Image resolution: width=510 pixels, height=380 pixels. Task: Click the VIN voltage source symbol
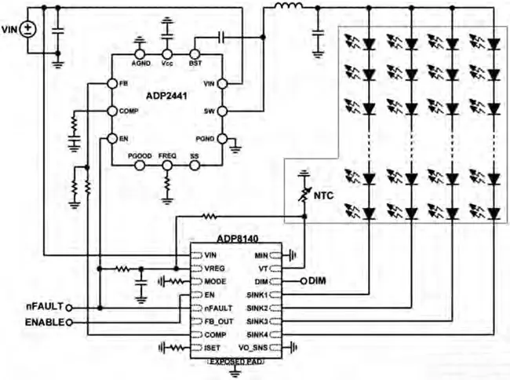pyautogui.click(x=28, y=29)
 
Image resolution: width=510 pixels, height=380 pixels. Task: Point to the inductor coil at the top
pyautogui.click(x=288, y=9)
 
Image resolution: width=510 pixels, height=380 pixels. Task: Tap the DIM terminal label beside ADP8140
pyautogui.click(x=318, y=280)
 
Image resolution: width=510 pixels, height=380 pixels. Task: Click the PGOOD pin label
pyautogui.click(x=140, y=156)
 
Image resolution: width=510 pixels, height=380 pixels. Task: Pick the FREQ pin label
pyautogui.click(x=167, y=156)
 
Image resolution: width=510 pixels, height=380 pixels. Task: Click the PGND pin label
pyautogui.click(x=206, y=138)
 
